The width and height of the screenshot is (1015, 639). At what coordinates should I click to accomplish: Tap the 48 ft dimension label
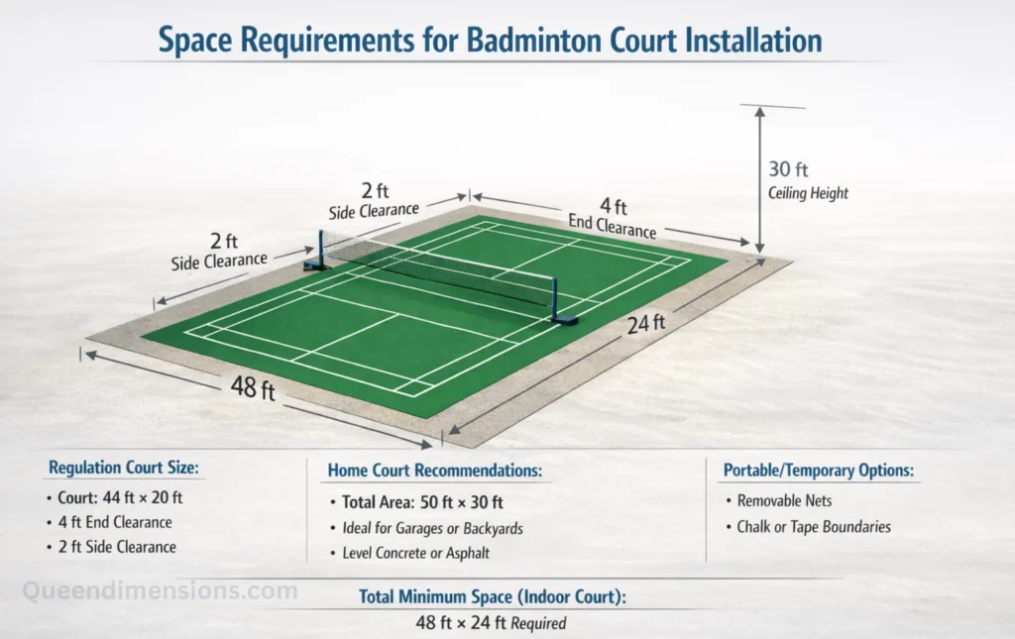[x=253, y=387]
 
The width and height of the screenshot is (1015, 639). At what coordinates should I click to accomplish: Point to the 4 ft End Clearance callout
[x=614, y=217]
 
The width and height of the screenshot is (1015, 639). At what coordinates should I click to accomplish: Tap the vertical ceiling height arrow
[x=759, y=178]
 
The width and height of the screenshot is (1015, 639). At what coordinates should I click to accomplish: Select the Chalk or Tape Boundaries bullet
[x=813, y=527]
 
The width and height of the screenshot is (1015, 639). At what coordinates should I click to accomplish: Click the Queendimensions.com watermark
[x=160, y=591]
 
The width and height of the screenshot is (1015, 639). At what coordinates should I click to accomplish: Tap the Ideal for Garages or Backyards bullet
[x=431, y=528]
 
